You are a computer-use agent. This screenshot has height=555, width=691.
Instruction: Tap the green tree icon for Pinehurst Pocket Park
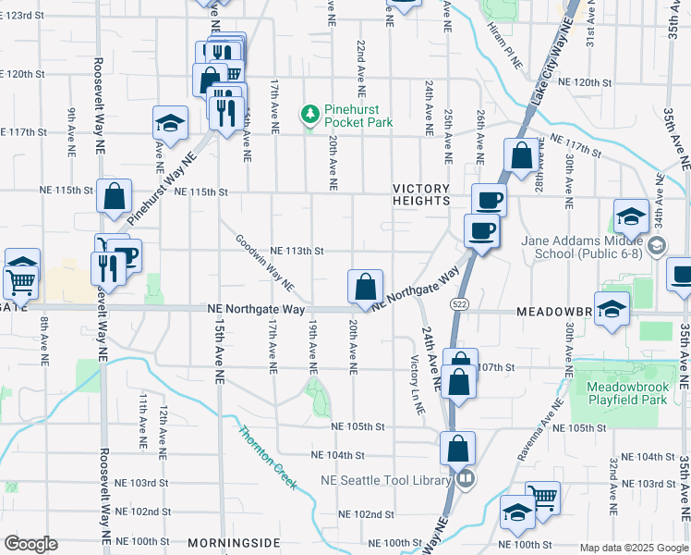[310, 115]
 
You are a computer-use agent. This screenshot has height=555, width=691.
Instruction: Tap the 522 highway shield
[459, 303]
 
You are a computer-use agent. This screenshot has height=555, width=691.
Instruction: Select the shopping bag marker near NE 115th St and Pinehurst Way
[115, 196]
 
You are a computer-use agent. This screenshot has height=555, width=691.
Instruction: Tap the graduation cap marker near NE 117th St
[170, 122]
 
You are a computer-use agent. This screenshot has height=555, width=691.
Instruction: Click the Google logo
[30, 544]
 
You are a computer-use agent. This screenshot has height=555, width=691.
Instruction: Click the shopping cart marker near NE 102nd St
[542, 498]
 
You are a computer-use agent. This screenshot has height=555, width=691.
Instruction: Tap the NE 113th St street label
[296, 250]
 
